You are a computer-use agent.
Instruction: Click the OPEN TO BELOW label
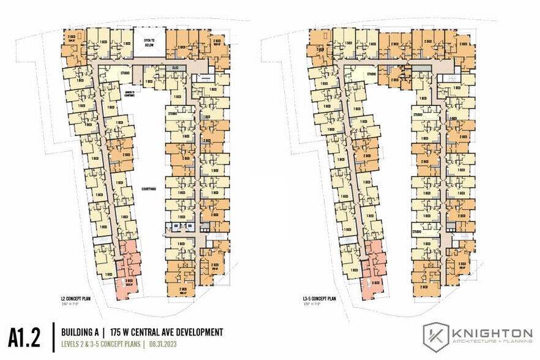pyautogui.click(x=149, y=42)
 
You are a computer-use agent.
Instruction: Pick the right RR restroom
pyautogui.click(x=190, y=227)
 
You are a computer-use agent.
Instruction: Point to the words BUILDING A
pyautogui.click(x=83, y=332)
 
